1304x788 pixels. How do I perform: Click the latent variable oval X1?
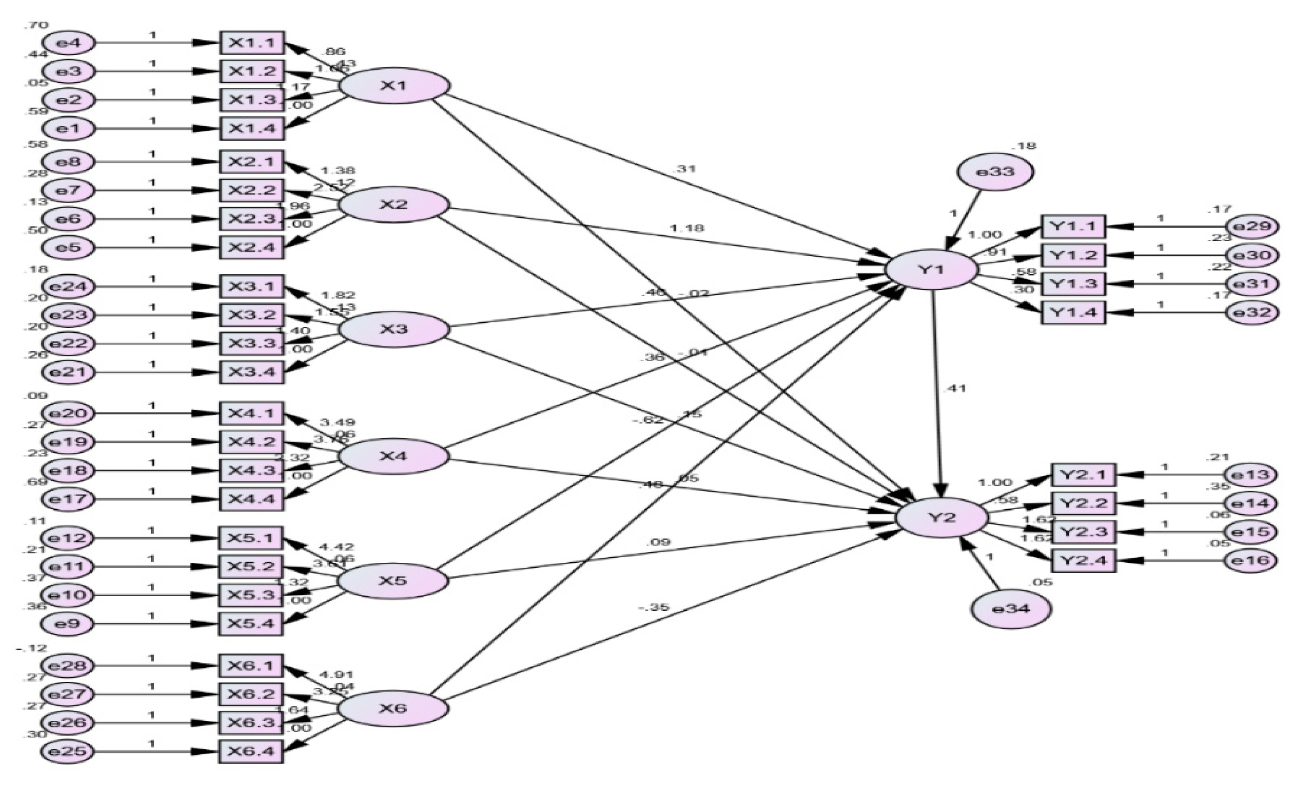(394, 85)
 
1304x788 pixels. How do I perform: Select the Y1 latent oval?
(932, 270)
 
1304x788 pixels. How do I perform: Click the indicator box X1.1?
(252, 43)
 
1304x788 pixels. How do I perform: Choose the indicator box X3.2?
(252, 315)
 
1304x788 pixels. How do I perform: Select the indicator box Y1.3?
(1073, 284)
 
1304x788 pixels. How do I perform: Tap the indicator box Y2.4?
(1083, 560)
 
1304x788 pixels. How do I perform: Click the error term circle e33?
(995, 172)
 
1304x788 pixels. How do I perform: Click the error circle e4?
(69, 43)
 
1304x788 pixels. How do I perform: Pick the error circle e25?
(67, 751)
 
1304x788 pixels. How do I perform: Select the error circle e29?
(1253, 227)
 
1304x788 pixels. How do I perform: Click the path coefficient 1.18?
(687, 229)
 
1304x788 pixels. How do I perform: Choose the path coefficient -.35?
(654, 607)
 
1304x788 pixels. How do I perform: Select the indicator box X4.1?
(252, 413)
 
